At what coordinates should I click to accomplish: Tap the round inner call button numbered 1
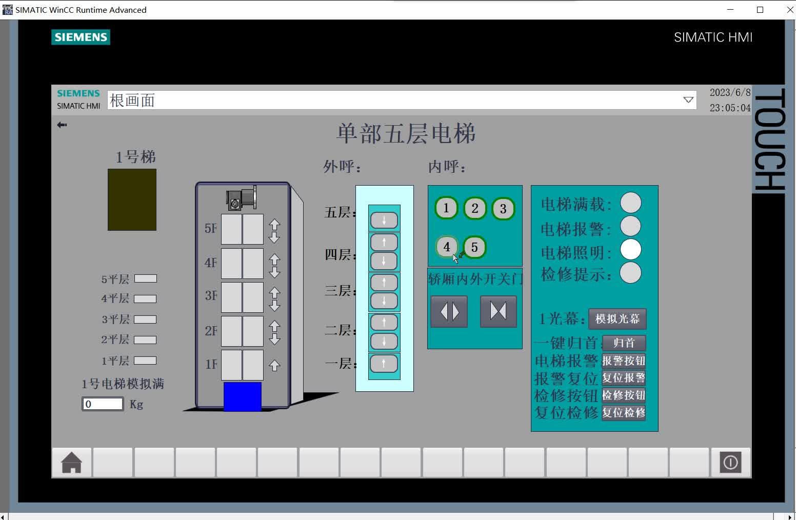(x=446, y=208)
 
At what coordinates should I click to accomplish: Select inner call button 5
(x=474, y=247)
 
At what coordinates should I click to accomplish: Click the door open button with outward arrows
(x=449, y=311)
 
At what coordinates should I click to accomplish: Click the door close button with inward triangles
(x=498, y=311)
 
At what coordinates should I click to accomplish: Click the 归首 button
(x=624, y=343)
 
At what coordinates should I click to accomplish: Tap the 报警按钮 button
(x=624, y=361)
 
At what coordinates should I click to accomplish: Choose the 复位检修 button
(x=624, y=413)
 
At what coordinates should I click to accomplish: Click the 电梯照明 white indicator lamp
(x=630, y=250)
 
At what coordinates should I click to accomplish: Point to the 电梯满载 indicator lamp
(x=630, y=203)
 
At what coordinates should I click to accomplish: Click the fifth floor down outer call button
(x=384, y=221)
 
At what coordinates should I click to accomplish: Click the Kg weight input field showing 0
(x=103, y=404)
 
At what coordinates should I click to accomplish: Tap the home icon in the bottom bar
(x=72, y=463)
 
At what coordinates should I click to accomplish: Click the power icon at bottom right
(x=730, y=463)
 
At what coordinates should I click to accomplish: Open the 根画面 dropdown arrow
(x=688, y=100)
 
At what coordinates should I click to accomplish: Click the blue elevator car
(x=243, y=396)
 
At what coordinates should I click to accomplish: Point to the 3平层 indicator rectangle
(x=145, y=319)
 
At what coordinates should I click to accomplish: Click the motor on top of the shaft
(x=242, y=198)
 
